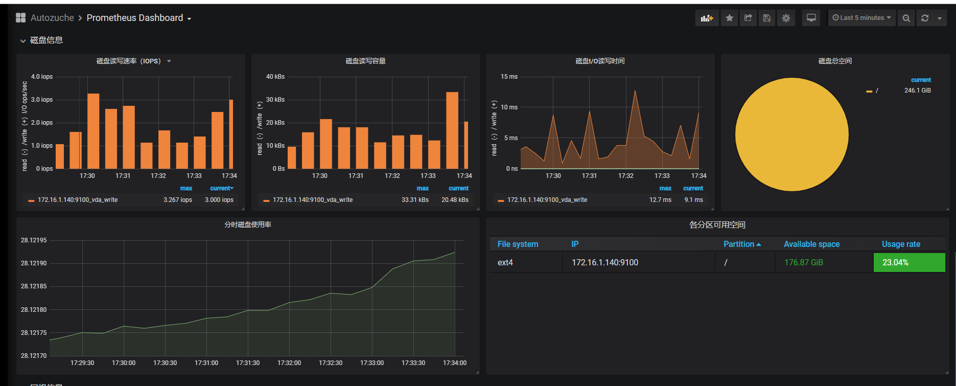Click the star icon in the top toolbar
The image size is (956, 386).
(x=729, y=18)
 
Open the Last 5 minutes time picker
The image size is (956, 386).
(x=861, y=18)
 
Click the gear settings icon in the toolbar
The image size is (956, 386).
(x=786, y=18)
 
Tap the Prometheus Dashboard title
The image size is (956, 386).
(x=135, y=18)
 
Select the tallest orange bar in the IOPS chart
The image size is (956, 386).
(x=93, y=131)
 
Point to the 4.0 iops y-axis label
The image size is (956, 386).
(x=42, y=77)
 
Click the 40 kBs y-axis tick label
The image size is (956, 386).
(x=275, y=77)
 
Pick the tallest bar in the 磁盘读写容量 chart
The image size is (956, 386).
(x=452, y=130)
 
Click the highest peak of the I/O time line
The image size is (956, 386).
(x=635, y=92)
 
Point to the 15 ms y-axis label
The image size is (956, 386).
(x=509, y=77)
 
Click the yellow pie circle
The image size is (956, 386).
(x=791, y=134)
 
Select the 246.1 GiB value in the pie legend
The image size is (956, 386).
(x=917, y=90)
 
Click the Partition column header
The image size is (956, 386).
(x=739, y=244)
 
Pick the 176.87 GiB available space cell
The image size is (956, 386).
(x=804, y=262)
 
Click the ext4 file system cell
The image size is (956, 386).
(x=505, y=262)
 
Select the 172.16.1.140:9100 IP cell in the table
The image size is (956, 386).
(x=605, y=262)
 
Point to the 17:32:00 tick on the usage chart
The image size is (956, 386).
(x=289, y=363)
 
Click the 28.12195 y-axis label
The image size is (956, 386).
(x=34, y=240)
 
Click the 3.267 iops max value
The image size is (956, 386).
(x=178, y=200)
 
